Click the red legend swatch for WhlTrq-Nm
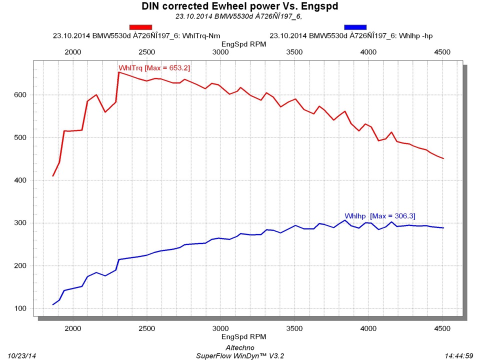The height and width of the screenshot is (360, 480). coord(141,27)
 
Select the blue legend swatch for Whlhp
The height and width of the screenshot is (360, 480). coord(355,27)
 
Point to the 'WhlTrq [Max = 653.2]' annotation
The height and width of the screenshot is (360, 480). coord(154,68)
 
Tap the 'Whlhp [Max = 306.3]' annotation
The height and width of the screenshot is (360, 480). coord(380,215)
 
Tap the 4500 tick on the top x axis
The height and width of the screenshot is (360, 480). coord(442,52)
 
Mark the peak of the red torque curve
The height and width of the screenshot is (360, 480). coord(118,72)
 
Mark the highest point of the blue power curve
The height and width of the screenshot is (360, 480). coord(344,220)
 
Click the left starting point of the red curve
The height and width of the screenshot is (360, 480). coord(53,176)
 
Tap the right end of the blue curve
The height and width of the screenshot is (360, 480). coord(443,228)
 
